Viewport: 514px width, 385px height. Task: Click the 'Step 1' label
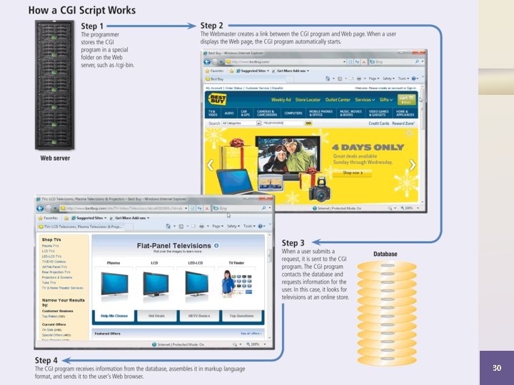[93, 26]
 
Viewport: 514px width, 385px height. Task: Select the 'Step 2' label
[213, 26]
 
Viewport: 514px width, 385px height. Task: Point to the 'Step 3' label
[294, 244]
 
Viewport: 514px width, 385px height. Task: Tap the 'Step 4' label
[46, 360]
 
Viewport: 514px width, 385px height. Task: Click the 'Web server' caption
[55, 158]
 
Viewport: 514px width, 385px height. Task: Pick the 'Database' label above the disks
[385, 254]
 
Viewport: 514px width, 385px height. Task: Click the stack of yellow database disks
[385, 307]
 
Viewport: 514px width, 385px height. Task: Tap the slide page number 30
[498, 368]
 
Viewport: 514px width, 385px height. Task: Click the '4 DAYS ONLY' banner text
[368, 148]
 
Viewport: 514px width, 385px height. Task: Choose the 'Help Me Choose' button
[114, 314]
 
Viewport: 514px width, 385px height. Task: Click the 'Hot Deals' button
[157, 314]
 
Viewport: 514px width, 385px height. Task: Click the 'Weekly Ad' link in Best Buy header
[281, 100]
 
